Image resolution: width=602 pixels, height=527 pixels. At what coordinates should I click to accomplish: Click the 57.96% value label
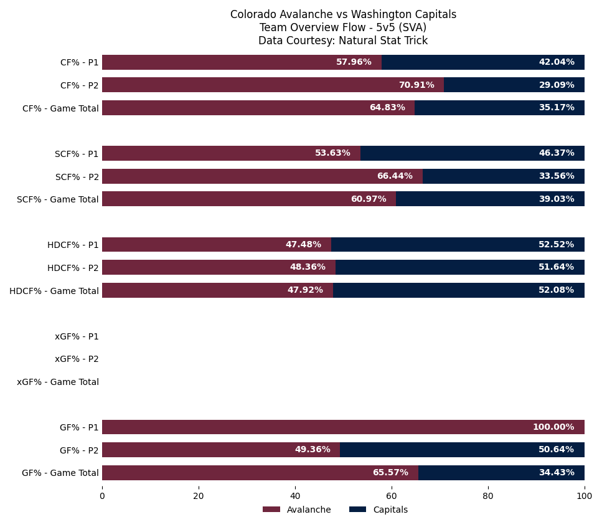[354, 62]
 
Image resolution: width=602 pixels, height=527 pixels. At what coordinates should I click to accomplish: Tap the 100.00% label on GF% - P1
[553, 427]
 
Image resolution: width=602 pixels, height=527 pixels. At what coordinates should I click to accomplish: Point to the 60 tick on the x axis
[392, 496]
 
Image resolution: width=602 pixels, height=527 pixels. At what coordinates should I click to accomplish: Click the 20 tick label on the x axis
[199, 496]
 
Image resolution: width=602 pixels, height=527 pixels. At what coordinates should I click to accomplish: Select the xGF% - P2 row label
[77, 359]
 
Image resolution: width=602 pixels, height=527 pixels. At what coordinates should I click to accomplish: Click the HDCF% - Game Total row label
[54, 291]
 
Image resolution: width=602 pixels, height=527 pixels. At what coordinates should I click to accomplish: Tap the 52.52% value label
[556, 245]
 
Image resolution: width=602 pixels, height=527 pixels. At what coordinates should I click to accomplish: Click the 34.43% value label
[556, 473]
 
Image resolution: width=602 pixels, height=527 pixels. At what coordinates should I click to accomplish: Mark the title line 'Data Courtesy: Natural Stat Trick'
[343, 40]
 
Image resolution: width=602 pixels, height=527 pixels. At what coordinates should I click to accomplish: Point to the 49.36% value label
[313, 450]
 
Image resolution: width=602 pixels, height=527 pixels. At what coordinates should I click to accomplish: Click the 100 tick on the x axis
[584, 496]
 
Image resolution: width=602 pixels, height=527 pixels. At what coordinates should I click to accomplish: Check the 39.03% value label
[556, 199]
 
